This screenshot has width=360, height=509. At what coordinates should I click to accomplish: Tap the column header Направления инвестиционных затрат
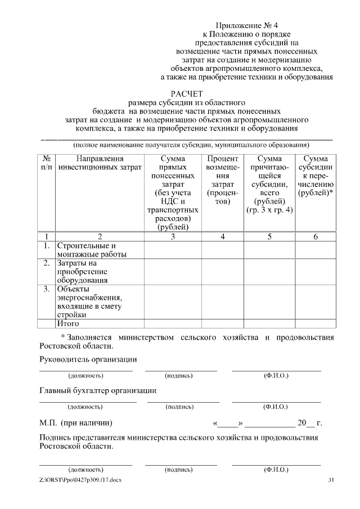click(100, 163)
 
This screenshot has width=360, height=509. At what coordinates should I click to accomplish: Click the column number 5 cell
click(269, 236)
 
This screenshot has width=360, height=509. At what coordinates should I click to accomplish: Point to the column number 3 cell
click(173, 236)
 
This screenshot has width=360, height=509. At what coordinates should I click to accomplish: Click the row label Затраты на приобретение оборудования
click(83, 271)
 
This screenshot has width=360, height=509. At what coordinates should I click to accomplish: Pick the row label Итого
click(68, 323)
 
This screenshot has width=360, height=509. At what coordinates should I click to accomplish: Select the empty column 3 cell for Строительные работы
click(173, 250)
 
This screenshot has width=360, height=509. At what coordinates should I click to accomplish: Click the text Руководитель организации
click(88, 359)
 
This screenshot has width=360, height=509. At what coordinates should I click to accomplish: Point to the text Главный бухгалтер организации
click(97, 390)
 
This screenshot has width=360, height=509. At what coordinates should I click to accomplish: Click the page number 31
click(331, 479)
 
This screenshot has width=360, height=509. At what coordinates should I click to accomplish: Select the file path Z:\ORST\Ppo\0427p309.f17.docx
click(80, 479)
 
